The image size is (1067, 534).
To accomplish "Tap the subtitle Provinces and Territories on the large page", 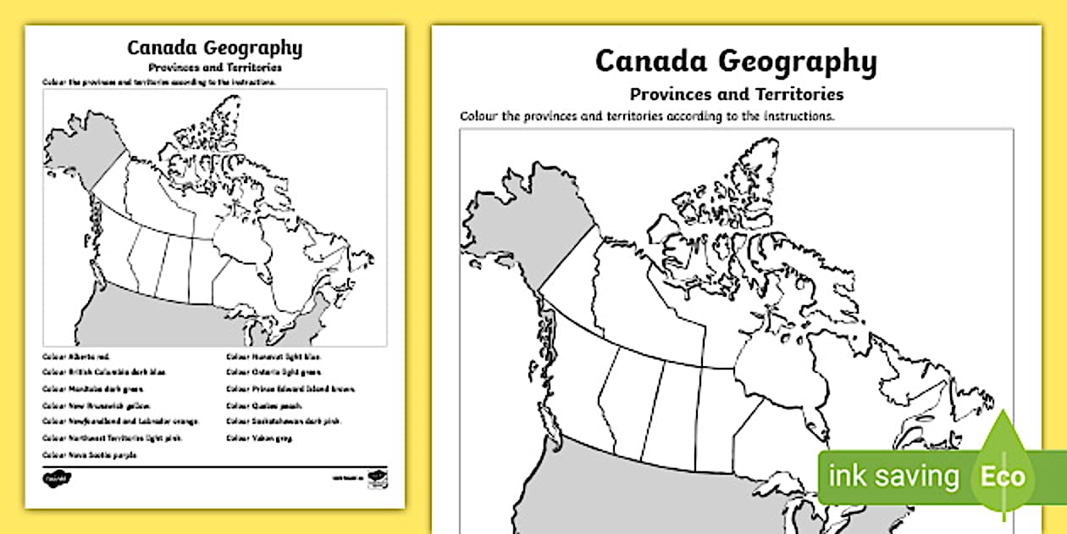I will (x=735, y=93).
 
